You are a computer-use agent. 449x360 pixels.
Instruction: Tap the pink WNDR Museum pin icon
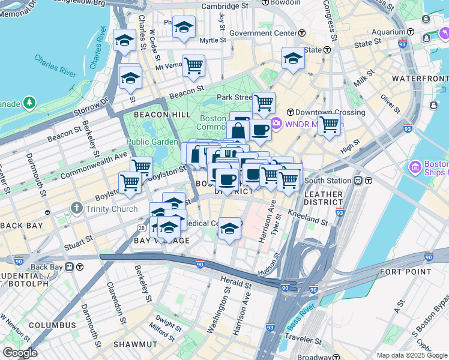[277, 125]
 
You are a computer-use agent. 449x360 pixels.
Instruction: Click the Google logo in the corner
[20, 353]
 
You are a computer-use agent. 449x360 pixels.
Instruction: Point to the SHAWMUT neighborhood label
[136, 344]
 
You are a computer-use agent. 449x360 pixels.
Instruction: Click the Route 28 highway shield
[142, 228]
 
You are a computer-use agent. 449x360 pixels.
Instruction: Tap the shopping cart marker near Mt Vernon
[193, 65]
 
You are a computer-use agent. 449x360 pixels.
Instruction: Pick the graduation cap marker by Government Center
[293, 58]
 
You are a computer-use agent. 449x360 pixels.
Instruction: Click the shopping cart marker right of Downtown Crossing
[329, 125]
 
